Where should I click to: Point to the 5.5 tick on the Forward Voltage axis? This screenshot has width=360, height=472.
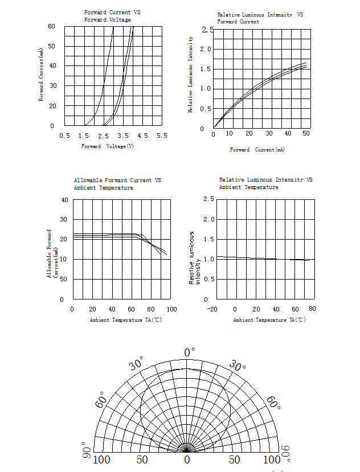(x=162, y=136)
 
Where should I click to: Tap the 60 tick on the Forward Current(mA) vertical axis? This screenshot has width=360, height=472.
(x=51, y=27)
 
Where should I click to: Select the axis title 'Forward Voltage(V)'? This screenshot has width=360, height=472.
(x=108, y=146)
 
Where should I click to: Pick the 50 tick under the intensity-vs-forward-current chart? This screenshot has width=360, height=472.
(x=306, y=134)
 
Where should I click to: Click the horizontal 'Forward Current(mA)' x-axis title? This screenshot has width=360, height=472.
(x=257, y=150)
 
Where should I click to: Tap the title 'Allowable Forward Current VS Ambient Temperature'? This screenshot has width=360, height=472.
(x=117, y=184)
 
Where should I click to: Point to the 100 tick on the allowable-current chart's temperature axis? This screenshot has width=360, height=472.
(x=171, y=309)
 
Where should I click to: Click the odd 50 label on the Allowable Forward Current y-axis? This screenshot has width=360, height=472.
(x=64, y=279)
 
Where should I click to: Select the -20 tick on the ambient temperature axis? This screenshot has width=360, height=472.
(x=212, y=309)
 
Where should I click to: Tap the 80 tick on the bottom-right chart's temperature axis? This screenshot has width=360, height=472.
(x=312, y=309)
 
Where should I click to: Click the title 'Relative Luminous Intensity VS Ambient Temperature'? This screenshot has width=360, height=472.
(x=265, y=183)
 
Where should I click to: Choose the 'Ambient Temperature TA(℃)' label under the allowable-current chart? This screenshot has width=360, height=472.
(x=126, y=320)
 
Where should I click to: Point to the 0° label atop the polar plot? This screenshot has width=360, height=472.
(x=189, y=353)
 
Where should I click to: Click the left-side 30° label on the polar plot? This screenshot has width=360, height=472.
(x=137, y=363)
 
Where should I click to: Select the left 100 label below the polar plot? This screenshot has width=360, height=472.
(x=101, y=460)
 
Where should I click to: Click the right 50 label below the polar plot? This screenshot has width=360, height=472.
(x=235, y=460)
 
